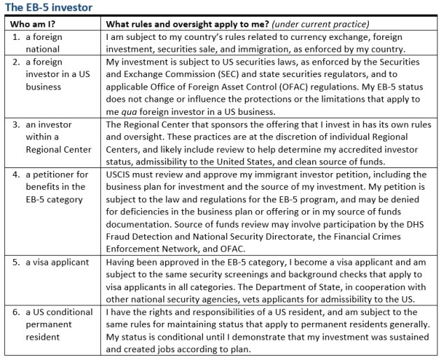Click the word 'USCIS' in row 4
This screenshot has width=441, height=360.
tap(119, 174)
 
